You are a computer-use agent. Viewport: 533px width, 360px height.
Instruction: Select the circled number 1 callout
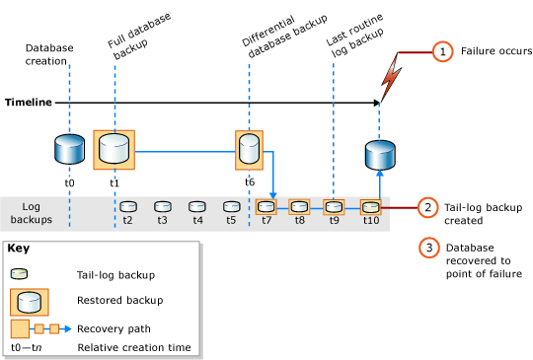click(443, 50)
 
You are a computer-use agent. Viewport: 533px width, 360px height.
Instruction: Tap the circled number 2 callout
click(428, 207)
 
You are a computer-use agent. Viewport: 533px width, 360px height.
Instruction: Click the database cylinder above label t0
click(69, 151)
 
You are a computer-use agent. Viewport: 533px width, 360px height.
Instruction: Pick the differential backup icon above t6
click(250, 151)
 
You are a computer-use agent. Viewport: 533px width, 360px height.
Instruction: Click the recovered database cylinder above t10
click(380, 156)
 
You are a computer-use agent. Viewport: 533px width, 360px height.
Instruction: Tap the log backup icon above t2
click(127, 207)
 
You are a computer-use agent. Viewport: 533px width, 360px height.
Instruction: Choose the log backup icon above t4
click(196, 207)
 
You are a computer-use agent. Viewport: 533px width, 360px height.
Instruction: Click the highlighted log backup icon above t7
click(266, 207)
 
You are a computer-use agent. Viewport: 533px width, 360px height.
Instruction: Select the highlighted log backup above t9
click(335, 207)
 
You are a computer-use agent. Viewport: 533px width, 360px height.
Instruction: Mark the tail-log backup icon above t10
click(370, 207)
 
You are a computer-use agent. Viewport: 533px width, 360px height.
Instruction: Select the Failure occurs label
click(496, 50)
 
